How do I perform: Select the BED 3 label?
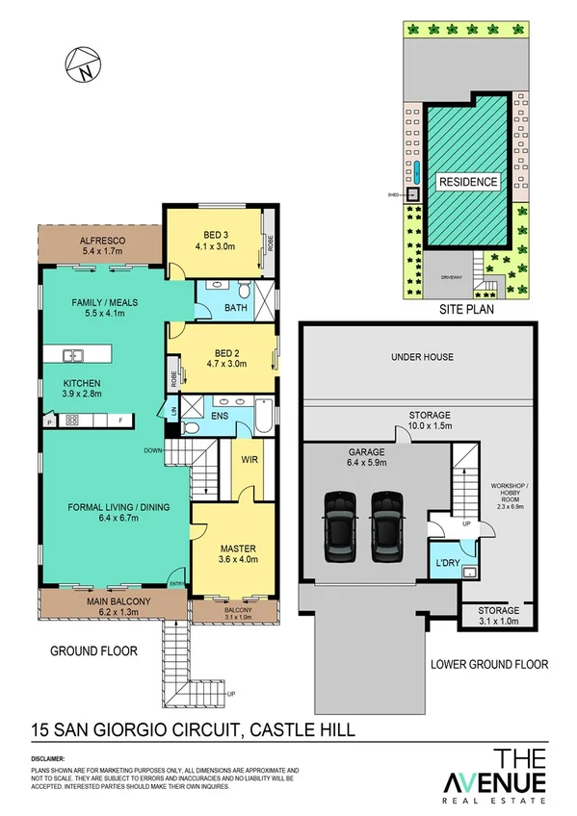click(x=216, y=234)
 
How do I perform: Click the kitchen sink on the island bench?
click(x=73, y=356)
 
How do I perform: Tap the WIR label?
click(x=249, y=460)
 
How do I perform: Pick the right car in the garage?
click(x=387, y=527)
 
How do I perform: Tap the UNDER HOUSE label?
click(x=422, y=357)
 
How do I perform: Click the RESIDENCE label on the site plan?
click(x=468, y=182)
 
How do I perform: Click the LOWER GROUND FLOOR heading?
click(x=489, y=664)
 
